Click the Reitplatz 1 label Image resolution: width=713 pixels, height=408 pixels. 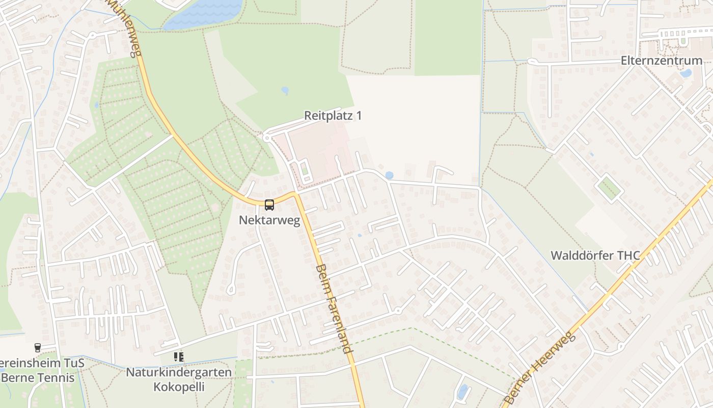(333, 116)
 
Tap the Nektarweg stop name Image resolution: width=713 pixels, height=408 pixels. (269, 220)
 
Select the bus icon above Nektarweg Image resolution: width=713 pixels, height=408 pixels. (269, 205)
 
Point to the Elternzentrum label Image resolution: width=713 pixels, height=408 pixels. (661, 61)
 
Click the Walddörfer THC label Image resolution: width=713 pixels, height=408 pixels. (595, 255)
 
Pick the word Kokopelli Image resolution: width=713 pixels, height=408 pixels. (179, 387)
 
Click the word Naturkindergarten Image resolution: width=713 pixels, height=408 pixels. (179, 372)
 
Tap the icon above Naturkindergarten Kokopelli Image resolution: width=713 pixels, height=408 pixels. (178, 357)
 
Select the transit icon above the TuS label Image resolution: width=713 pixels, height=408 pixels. (37, 348)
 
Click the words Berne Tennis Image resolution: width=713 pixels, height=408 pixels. (38, 378)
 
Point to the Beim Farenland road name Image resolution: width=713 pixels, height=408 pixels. (334, 309)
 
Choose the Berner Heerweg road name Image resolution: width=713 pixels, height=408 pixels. (540, 367)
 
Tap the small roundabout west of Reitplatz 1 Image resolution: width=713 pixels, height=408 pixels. (266, 137)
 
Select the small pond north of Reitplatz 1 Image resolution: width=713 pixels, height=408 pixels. (285, 90)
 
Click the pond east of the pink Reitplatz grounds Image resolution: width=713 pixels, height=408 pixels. (389, 175)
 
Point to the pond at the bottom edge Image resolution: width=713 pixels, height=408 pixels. (462, 392)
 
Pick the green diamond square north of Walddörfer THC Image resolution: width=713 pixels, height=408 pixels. (609, 188)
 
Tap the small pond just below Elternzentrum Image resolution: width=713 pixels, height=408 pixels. (685, 73)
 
